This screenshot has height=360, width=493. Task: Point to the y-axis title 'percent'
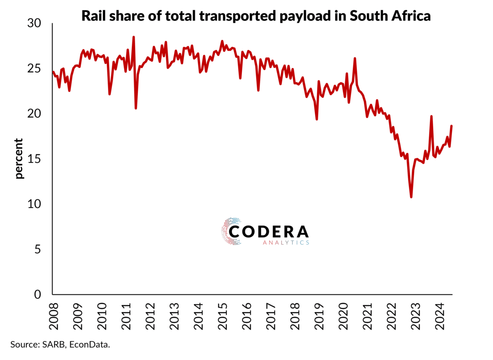point(19,158)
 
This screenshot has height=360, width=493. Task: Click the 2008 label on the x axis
point(53,314)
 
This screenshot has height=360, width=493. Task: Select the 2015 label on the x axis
point(222,314)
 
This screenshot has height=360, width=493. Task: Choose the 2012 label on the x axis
point(150,314)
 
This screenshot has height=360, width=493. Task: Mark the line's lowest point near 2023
point(411,197)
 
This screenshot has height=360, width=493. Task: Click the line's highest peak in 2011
point(133,37)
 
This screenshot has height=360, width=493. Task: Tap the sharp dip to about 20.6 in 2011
point(136,108)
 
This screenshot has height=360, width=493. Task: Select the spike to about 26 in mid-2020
point(355,58)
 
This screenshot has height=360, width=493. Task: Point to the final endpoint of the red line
point(451,126)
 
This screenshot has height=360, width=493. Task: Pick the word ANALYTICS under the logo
point(286,243)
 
